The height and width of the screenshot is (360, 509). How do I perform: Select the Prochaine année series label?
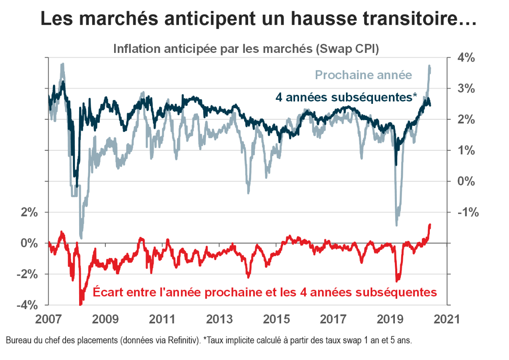363,75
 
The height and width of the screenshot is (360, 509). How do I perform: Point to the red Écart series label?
264,292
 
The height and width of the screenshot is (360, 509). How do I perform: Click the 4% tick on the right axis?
465,58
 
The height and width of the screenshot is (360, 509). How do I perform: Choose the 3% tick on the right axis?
465,89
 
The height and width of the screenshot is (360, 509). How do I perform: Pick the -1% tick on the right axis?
463,212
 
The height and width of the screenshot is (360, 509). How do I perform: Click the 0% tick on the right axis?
465,181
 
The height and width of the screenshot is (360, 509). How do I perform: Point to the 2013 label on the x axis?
220,319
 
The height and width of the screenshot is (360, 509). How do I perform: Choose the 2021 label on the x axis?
446,319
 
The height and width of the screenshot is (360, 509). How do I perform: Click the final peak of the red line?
430,225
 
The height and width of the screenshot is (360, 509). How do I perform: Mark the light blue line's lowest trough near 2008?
81,237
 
